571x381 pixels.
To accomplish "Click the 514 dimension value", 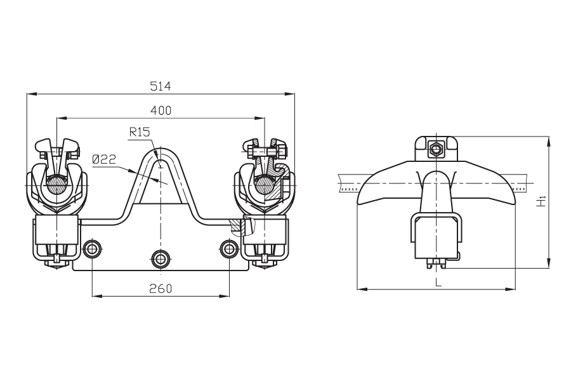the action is click(161, 86).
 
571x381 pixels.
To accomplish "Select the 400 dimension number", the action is click(161, 110).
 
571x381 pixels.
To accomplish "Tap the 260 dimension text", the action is click(161, 288).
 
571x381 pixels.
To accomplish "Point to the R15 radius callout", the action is click(140, 132).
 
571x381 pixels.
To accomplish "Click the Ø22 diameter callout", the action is click(104, 159).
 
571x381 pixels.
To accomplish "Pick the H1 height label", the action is click(542, 202).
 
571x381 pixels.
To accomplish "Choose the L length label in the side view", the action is click(438, 282).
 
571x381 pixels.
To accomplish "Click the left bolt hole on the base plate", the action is click(92, 249).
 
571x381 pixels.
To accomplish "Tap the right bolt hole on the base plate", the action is click(229, 249).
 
